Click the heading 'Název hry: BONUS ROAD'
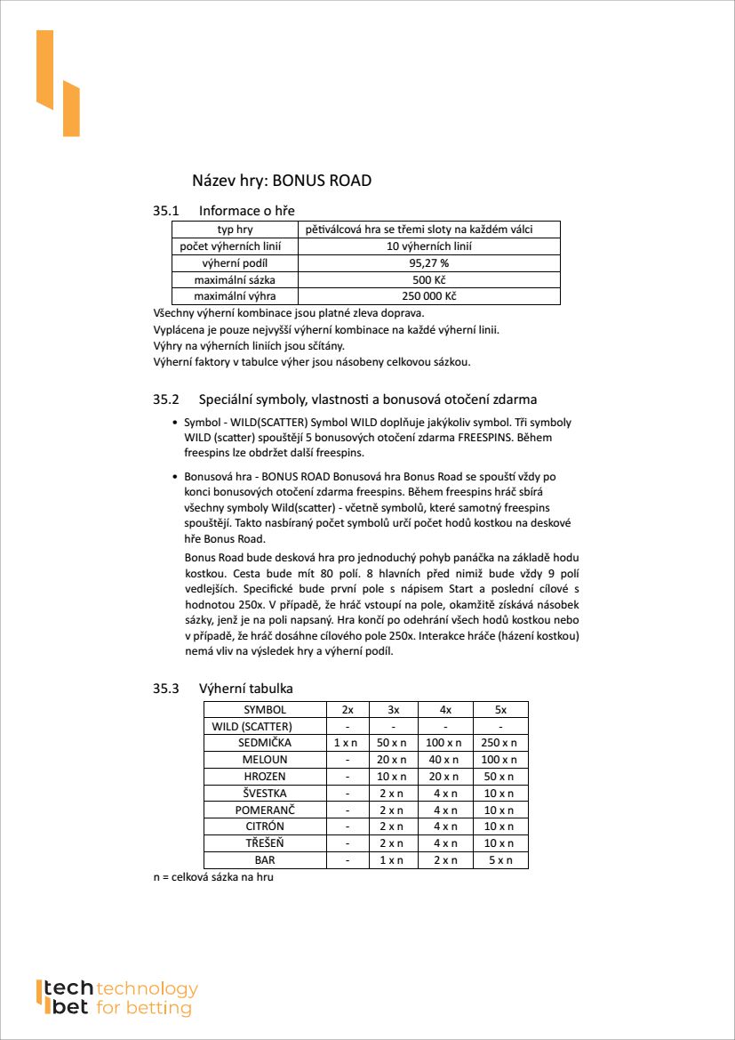coord(282,181)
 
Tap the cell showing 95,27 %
coord(428,263)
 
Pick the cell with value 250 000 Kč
coord(428,296)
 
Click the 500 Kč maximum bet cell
coord(428,279)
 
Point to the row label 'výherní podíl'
coord(235,263)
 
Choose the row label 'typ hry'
coord(235,230)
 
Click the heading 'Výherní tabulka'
coord(246,689)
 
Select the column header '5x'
coord(500,710)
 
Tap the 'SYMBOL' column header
coord(265,710)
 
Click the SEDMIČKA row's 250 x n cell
coord(500,743)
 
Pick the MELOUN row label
coord(265,760)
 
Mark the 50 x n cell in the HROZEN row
coord(500,777)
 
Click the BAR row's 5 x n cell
coord(500,860)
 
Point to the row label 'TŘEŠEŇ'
coord(265,843)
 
